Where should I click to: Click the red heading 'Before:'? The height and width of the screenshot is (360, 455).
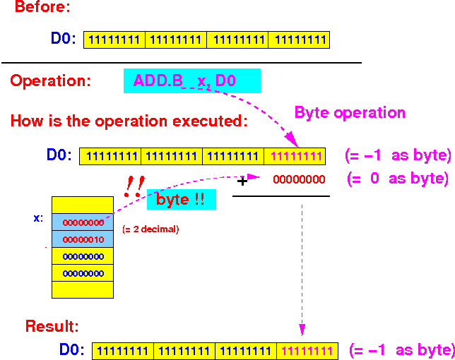click(x=42, y=6)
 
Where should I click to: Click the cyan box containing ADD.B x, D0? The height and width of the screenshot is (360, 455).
click(x=192, y=81)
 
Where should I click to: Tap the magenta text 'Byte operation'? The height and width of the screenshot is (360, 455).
click(x=350, y=112)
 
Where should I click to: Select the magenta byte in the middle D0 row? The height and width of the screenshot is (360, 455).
click(x=295, y=156)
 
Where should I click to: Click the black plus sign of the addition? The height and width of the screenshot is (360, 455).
click(x=242, y=181)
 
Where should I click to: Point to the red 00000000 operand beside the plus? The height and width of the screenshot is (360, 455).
click(x=299, y=179)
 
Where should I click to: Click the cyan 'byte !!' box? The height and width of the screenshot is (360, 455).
click(x=182, y=200)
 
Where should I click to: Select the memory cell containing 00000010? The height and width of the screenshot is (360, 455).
click(x=83, y=239)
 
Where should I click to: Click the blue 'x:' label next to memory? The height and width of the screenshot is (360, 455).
click(x=38, y=218)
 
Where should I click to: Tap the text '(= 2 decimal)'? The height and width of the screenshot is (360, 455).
click(x=150, y=229)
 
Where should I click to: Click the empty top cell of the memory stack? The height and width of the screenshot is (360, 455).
click(x=83, y=205)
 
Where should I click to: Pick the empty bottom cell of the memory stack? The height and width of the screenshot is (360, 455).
click(x=83, y=289)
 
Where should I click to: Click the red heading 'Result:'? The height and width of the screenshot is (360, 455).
click(x=52, y=326)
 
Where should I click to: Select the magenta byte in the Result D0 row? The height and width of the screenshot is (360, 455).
click(x=307, y=351)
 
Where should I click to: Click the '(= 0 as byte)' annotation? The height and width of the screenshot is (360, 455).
click(x=398, y=179)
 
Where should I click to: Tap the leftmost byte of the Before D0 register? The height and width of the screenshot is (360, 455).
click(x=114, y=40)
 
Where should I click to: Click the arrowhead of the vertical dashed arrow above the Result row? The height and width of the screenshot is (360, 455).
click(x=302, y=330)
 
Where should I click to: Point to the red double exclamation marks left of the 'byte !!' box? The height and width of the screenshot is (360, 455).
click(x=134, y=186)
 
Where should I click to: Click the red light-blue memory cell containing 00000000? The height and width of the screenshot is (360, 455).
click(x=83, y=222)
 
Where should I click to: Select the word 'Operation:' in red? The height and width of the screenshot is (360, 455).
click(x=50, y=80)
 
